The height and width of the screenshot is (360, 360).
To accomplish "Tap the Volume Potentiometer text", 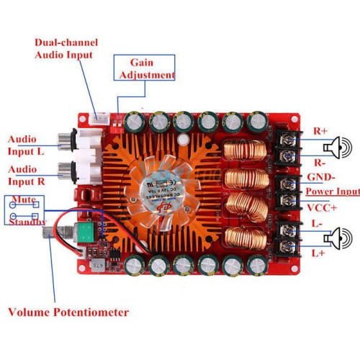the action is (68, 312).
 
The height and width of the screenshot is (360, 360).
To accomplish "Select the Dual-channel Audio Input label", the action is (66, 49).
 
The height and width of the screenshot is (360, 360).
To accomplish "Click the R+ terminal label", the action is (320, 131).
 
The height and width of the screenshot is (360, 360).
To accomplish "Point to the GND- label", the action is (321, 177).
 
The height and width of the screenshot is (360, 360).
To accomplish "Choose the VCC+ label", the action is (322, 208).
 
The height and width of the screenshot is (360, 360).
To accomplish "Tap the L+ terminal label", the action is (318, 253).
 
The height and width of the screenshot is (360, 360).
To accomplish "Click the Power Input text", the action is (333, 192).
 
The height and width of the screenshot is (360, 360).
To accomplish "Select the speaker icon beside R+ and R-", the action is (338, 148).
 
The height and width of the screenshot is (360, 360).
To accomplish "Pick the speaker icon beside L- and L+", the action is (338, 238).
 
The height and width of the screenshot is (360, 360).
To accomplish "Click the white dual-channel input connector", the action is (99, 119).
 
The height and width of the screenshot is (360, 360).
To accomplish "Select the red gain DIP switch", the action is (118, 127).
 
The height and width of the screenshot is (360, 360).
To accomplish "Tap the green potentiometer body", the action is (86, 232).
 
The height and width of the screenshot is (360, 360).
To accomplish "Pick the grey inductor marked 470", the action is (99, 266).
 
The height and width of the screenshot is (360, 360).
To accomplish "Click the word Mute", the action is (24, 199).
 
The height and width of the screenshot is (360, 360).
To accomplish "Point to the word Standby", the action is (27, 222).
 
